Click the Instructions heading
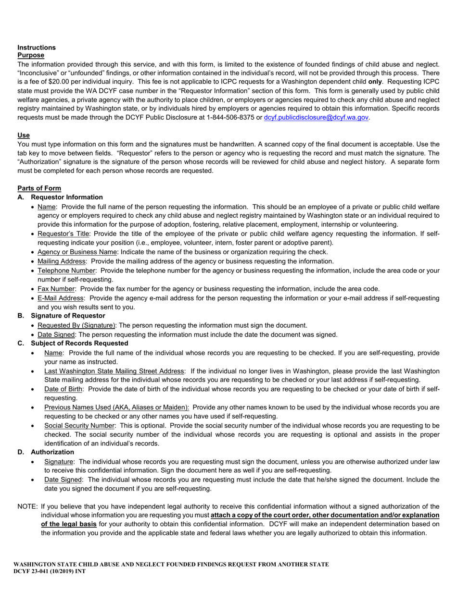[x=37, y=47]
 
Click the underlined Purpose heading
[x=31, y=55]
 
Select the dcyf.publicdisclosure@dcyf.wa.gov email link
[x=316, y=117]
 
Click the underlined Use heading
[x=24, y=135]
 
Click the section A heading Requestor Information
[x=66, y=197]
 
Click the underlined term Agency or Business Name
[x=77, y=252]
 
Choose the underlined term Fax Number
[x=56, y=289]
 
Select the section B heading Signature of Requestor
[x=68, y=316]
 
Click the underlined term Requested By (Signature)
[x=76, y=325]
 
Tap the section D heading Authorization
[x=52, y=452]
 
